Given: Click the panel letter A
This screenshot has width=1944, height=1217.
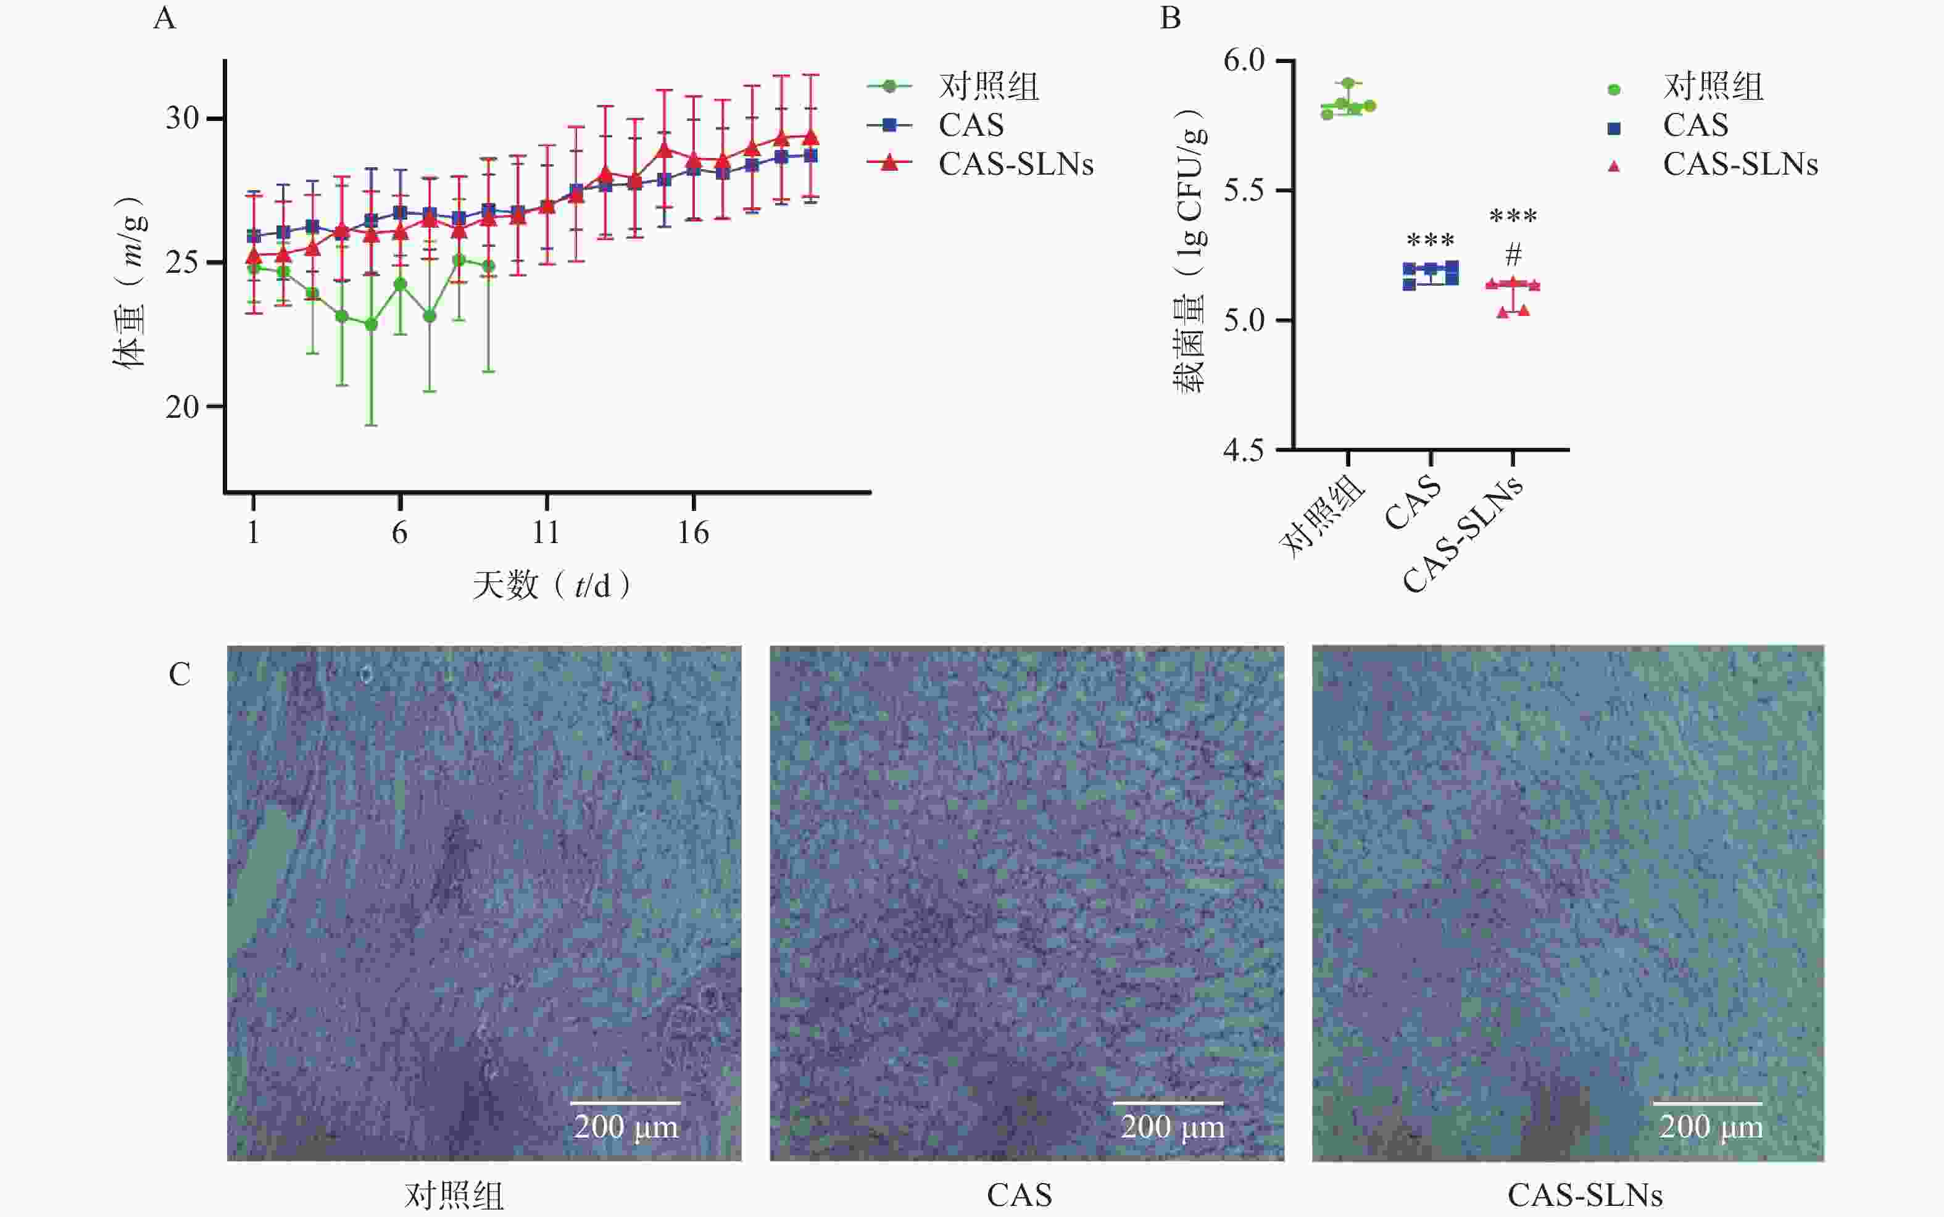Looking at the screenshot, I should point(164,18).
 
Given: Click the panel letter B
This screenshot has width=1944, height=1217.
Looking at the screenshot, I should point(1171,18).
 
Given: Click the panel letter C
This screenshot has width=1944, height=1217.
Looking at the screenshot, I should point(180,675).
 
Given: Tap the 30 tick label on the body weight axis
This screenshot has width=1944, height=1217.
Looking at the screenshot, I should point(182,118).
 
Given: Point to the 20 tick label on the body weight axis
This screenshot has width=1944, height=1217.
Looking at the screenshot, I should point(182,407).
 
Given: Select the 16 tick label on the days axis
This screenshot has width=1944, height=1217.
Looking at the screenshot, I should point(693,533).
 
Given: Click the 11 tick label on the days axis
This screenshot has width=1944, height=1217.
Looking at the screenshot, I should point(546,533).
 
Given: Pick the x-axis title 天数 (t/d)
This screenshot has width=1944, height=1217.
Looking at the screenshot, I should point(551,585).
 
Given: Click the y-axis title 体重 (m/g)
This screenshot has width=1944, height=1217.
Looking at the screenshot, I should point(130,281).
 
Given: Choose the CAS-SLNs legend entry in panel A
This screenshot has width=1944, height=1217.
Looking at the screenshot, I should point(1015,164).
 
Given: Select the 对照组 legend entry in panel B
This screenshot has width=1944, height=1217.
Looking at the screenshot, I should point(1713,87).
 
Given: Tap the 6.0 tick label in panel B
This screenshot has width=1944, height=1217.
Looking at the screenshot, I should point(1244,60).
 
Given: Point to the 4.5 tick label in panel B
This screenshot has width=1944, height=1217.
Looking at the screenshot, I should point(1244,450).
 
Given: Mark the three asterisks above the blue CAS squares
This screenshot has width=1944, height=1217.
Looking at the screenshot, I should point(1431,240).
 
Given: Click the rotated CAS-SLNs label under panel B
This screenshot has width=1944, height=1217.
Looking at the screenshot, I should point(1463,534).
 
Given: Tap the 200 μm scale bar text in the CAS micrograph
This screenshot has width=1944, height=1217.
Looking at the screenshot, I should point(1173,1127).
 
